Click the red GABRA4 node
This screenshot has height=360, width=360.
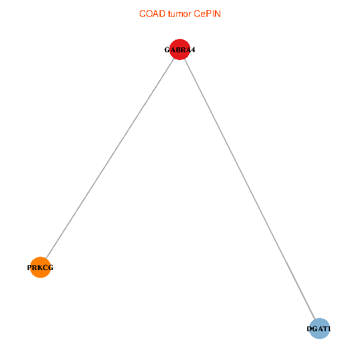[180, 50]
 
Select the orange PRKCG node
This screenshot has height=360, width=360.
[40, 268]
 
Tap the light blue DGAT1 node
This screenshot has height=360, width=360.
[319, 329]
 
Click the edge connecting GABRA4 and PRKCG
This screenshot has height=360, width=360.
[110, 158]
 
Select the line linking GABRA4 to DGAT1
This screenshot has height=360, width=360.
[250, 189]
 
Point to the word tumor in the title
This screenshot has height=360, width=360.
[178, 14]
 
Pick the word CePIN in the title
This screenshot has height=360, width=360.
[207, 14]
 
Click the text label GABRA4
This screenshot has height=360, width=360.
[180, 50]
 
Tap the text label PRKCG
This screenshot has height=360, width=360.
[40, 268]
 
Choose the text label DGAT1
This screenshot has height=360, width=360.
[319, 329]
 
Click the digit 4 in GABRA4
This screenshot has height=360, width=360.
[193, 50]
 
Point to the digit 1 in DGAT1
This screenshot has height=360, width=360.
[329, 329]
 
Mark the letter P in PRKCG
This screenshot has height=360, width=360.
[30, 268]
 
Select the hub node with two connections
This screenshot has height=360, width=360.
[180, 50]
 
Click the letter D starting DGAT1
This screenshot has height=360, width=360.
[310, 329]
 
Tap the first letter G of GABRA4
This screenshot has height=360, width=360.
[167, 50]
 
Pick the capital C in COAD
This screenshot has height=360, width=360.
[142, 14]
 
